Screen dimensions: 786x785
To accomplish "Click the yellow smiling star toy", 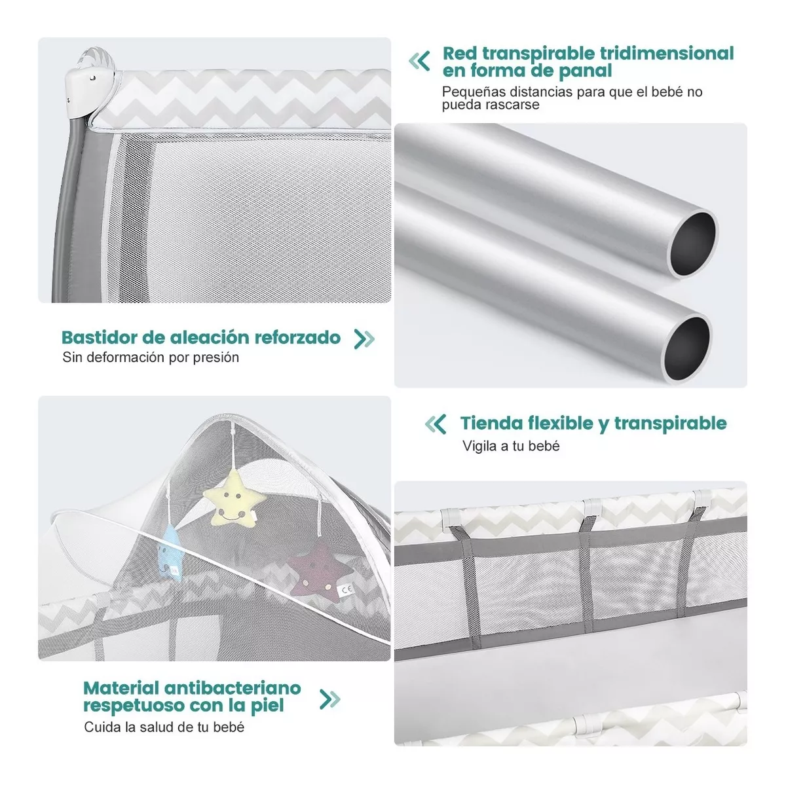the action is coord(233,498).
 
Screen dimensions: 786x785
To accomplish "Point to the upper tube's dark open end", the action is coord(692,243).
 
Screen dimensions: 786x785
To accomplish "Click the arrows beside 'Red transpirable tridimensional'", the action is coord(419,61).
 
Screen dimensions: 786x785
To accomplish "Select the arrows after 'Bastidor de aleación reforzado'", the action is coord(364,338).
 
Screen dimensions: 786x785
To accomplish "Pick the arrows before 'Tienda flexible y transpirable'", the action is coord(436,424).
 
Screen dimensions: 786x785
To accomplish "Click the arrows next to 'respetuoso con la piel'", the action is coord(329,699).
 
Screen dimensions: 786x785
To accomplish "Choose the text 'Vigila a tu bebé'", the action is coord(511,446).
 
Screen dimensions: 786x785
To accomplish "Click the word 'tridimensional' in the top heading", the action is coord(667,54).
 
